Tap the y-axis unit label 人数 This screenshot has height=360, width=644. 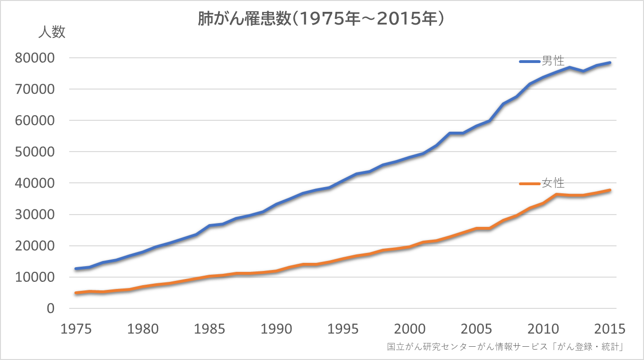[x=52, y=33]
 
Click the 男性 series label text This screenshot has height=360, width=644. [x=553, y=61]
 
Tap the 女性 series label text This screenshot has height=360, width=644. [x=553, y=183]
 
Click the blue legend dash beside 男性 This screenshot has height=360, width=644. [x=530, y=62]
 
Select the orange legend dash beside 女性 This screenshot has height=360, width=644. [x=530, y=183]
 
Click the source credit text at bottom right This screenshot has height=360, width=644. [x=505, y=347]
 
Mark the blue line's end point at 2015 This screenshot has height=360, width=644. [x=610, y=63]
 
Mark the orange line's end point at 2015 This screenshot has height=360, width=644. [x=610, y=190]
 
